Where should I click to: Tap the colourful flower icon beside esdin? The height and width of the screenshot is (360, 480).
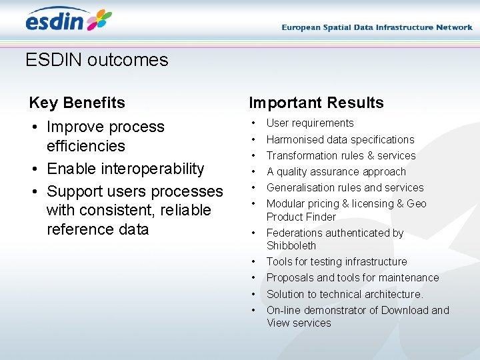click(x=99, y=20)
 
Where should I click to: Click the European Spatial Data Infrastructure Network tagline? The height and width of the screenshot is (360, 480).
click(x=377, y=27)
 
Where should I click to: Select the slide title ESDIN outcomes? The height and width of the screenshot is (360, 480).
click(x=97, y=60)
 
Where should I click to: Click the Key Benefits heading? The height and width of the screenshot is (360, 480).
click(x=77, y=103)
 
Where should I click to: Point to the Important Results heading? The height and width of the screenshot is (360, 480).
click(x=316, y=103)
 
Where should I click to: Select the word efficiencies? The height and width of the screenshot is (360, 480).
click(x=86, y=146)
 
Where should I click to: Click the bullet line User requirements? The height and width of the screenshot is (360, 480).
click(x=310, y=123)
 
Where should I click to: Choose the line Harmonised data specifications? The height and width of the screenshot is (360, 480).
click(x=340, y=139)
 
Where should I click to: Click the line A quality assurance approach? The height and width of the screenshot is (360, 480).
click(x=336, y=171)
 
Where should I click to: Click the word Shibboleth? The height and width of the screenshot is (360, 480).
click(x=291, y=245)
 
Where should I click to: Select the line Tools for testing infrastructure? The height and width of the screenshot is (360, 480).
click(x=337, y=261)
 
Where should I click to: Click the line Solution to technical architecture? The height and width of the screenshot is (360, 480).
click(x=345, y=294)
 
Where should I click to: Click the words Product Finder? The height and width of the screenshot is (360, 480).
click(x=301, y=217)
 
